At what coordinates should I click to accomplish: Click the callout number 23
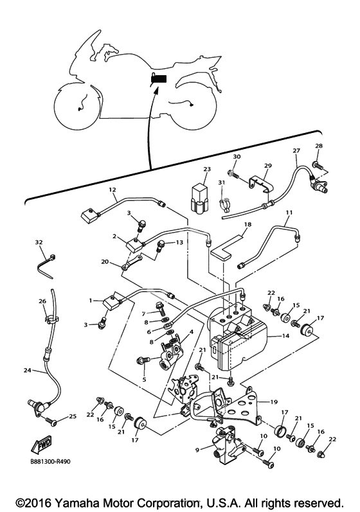click(x=207, y=169)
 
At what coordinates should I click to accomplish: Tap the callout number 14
click(x=285, y=335)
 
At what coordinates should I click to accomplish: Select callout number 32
click(x=39, y=242)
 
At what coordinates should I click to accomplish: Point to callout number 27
click(x=296, y=150)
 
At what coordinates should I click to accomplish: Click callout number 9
click(x=197, y=450)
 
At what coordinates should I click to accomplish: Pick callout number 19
click(x=274, y=402)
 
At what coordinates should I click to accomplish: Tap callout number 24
click(x=28, y=370)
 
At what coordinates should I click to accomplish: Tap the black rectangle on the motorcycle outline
click(x=159, y=79)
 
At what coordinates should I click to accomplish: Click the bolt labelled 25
click(x=51, y=421)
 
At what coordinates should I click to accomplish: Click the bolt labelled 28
click(x=318, y=165)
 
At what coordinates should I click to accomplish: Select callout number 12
click(x=113, y=190)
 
